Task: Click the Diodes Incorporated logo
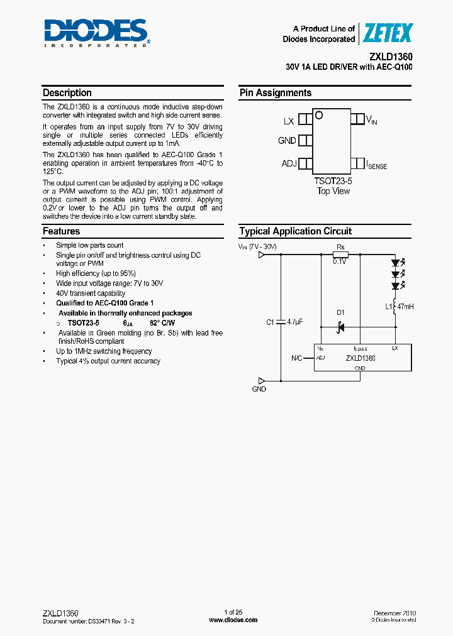[x=96, y=33]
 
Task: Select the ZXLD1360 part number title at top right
[x=391, y=56]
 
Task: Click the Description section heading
[x=67, y=93]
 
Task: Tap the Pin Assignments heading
[x=276, y=93]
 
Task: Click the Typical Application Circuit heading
[x=296, y=231]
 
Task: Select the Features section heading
[x=61, y=231]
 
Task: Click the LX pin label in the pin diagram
[x=289, y=121]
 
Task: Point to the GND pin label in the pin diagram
[x=287, y=141]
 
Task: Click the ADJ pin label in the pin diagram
[x=289, y=164]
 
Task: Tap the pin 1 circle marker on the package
[x=319, y=116]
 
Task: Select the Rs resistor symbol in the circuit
[x=340, y=254]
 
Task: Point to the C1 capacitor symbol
[x=281, y=322]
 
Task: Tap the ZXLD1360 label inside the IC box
[x=361, y=358]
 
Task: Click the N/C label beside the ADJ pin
[x=297, y=358]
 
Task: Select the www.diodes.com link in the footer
[x=233, y=620]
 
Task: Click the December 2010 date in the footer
[x=394, y=612]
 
